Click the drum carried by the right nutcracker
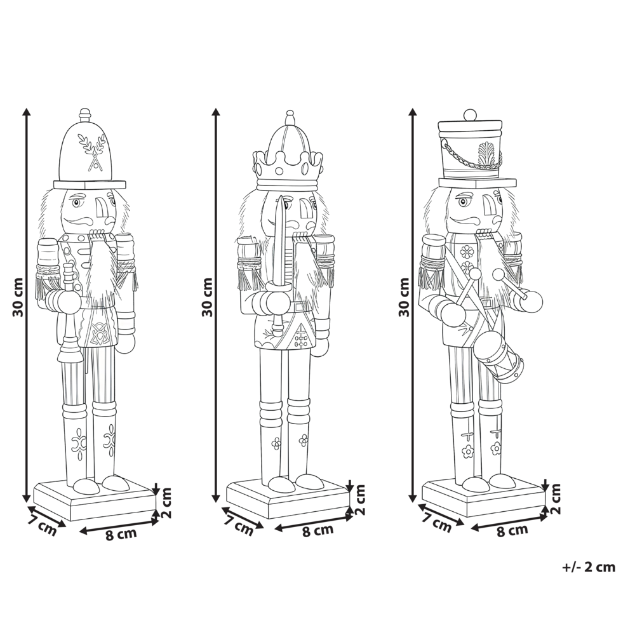tap(499, 359)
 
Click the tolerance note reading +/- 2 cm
tap(589, 567)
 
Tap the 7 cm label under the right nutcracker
tap(437, 524)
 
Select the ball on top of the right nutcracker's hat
tap(470, 115)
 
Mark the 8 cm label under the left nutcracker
tap(121, 533)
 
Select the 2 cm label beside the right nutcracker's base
tap(556, 498)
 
